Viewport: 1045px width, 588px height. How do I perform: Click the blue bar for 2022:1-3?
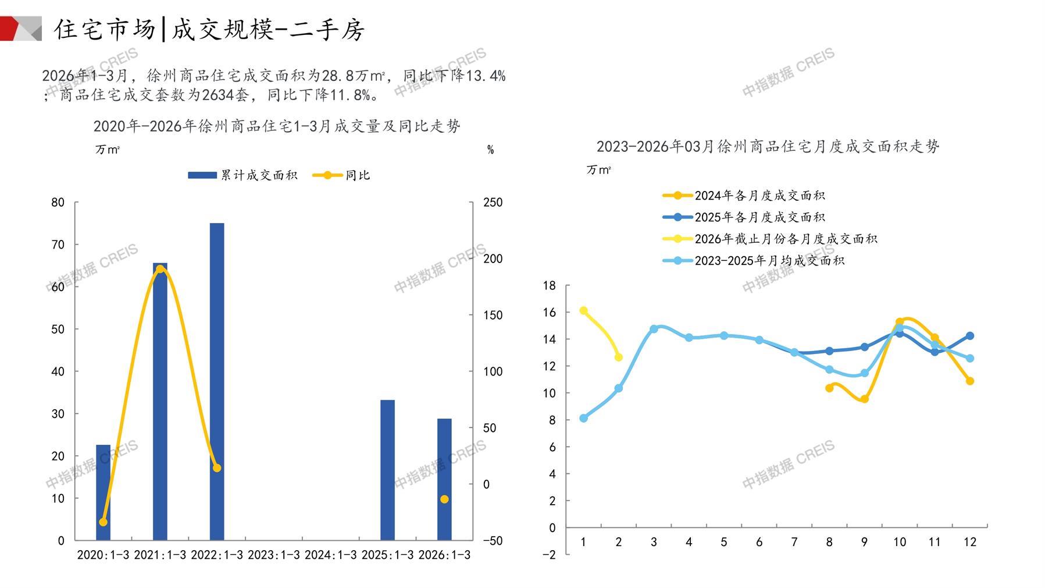[216, 381]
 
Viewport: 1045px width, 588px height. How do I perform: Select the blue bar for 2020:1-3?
[103, 492]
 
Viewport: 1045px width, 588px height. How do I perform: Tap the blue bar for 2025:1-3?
[387, 470]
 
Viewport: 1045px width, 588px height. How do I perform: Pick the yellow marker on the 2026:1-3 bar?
[444, 499]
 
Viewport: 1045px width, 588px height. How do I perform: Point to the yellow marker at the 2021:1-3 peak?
[160, 269]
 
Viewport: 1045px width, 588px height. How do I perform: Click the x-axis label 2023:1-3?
[273, 555]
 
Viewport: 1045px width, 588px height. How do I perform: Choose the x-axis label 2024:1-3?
[330, 555]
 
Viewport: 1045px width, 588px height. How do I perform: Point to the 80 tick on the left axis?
[58, 203]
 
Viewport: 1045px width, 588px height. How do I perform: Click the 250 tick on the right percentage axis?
[493, 203]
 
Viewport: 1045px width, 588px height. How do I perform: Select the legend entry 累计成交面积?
[243, 175]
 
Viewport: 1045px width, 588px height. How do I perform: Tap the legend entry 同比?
[342, 175]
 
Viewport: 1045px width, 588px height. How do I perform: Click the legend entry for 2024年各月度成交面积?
[744, 196]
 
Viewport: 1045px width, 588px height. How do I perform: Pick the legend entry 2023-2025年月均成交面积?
[754, 261]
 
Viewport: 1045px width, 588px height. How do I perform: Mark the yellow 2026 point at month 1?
[584, 311]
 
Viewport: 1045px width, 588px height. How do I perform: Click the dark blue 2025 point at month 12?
[970, 336]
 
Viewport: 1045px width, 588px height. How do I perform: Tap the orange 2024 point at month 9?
[865, 399]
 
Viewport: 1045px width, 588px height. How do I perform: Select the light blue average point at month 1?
[584, 418]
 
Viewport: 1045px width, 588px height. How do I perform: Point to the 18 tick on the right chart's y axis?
[549, 285]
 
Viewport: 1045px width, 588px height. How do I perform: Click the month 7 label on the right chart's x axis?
[794, 542]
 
